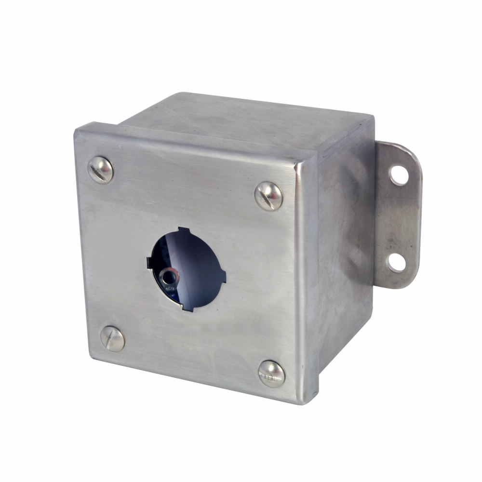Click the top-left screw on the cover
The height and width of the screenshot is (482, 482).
click(x=101, y=170)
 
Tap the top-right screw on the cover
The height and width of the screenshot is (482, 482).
click(x=268, y=196)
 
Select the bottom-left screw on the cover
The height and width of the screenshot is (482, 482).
click(x=113, y=338)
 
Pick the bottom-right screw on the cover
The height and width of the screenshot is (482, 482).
click(x=271, y=373)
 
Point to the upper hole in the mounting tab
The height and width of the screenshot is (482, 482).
click(x=399, y=175)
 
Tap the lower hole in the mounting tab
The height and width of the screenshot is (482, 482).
click(x=397, y=262)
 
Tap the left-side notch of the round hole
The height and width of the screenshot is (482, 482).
click(x=149, y=262)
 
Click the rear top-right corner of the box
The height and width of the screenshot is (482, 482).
click(x=372, y=116)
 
